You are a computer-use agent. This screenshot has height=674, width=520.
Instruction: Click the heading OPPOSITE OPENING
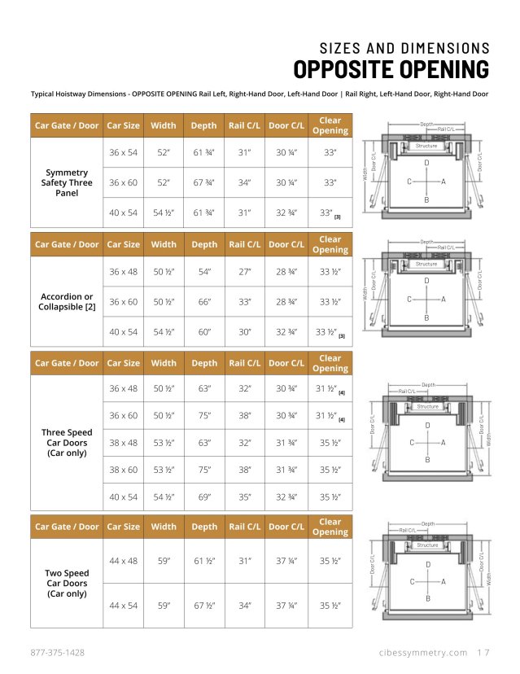tap(391, 68)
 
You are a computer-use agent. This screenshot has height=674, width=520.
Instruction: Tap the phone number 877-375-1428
tap(58, 653)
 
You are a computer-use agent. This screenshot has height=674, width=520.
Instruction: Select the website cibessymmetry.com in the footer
tap(423, 653)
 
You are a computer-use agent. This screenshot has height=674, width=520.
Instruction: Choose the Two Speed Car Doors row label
tap(67, 584)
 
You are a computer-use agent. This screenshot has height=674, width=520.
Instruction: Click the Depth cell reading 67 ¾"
tap(203, 182)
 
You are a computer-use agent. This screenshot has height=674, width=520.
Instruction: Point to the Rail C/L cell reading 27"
tap(245, 271)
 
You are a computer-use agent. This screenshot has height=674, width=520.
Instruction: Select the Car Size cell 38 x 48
tap(124, 443)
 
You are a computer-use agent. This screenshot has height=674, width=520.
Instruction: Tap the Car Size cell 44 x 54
tap(124, 606)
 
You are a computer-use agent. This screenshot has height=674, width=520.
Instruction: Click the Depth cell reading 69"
tap(203, 496)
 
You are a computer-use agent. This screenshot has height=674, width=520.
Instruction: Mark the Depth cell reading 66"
tap(203, 301)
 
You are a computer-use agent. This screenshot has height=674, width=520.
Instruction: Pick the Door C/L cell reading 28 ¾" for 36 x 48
tap(286, 271)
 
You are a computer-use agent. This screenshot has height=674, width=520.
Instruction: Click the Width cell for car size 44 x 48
tap(164, 561)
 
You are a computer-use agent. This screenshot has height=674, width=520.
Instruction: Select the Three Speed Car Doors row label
tap(67, 443)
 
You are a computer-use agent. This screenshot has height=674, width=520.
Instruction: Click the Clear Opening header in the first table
tap(330, 125)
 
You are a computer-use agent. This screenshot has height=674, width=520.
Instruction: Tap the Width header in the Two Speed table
tap(164, 527)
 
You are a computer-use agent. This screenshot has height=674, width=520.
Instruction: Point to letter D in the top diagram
tap(427, 164)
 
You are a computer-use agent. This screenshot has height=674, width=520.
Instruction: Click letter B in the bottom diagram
tap(427, 599)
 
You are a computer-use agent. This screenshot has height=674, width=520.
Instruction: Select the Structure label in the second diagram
tap(427, 265)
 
